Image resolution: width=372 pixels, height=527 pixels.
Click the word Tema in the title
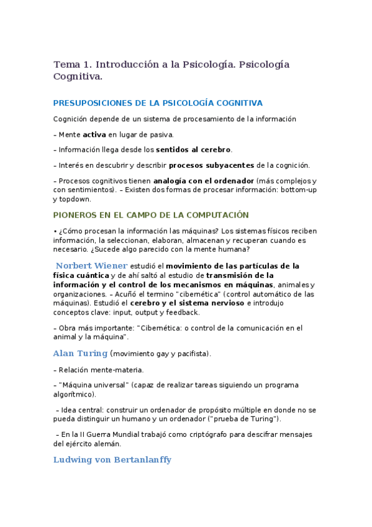65,65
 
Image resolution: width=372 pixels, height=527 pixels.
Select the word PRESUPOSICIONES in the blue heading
91,103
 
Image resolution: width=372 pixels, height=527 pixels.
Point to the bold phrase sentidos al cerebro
193,150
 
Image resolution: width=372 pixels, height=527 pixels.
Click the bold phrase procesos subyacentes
212,165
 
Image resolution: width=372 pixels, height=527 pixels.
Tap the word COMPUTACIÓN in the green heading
211,215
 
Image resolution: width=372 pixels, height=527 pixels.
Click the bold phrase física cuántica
81,275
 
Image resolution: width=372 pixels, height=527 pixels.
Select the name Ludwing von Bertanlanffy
112,460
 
